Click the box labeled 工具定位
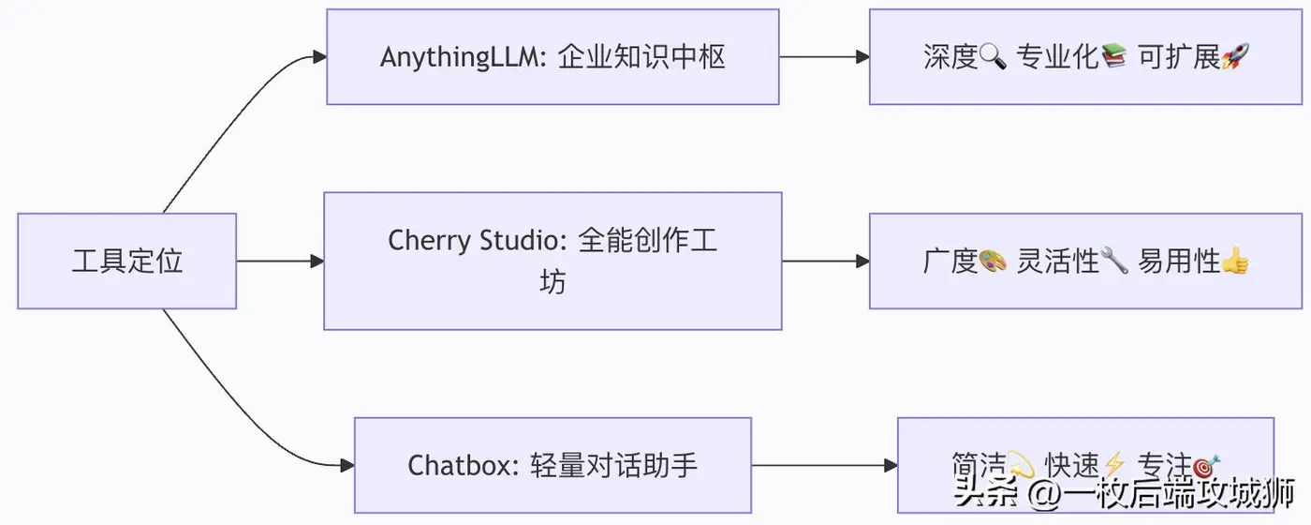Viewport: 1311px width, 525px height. (127, 261)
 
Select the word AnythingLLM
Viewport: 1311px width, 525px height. (463, 58)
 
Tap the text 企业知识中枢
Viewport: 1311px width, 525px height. (641, 57)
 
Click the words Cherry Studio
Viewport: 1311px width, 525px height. (477, 241)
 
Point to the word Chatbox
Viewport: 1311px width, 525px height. (463, 466)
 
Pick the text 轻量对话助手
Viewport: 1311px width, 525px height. (614, 466)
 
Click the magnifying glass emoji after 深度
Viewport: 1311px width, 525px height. (993, 57)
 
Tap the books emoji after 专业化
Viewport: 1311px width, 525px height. (1113, 56)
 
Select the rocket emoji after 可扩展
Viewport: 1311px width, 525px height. (1235, 56)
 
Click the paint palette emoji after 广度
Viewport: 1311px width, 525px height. (993, 262)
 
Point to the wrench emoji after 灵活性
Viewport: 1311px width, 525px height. (1113, 262)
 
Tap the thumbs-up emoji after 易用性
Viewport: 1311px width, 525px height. (1235, 261)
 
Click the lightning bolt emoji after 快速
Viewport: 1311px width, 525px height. (1113, 465)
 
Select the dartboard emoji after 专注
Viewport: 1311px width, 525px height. (1207, 465)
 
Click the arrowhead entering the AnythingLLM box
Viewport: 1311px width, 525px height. (319, 57)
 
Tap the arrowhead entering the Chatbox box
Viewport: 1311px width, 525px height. (347, 466)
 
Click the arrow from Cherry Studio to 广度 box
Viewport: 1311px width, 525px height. (826, 262)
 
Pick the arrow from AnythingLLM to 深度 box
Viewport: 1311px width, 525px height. (825, 57)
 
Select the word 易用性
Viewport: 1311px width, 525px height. (1179, 262)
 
